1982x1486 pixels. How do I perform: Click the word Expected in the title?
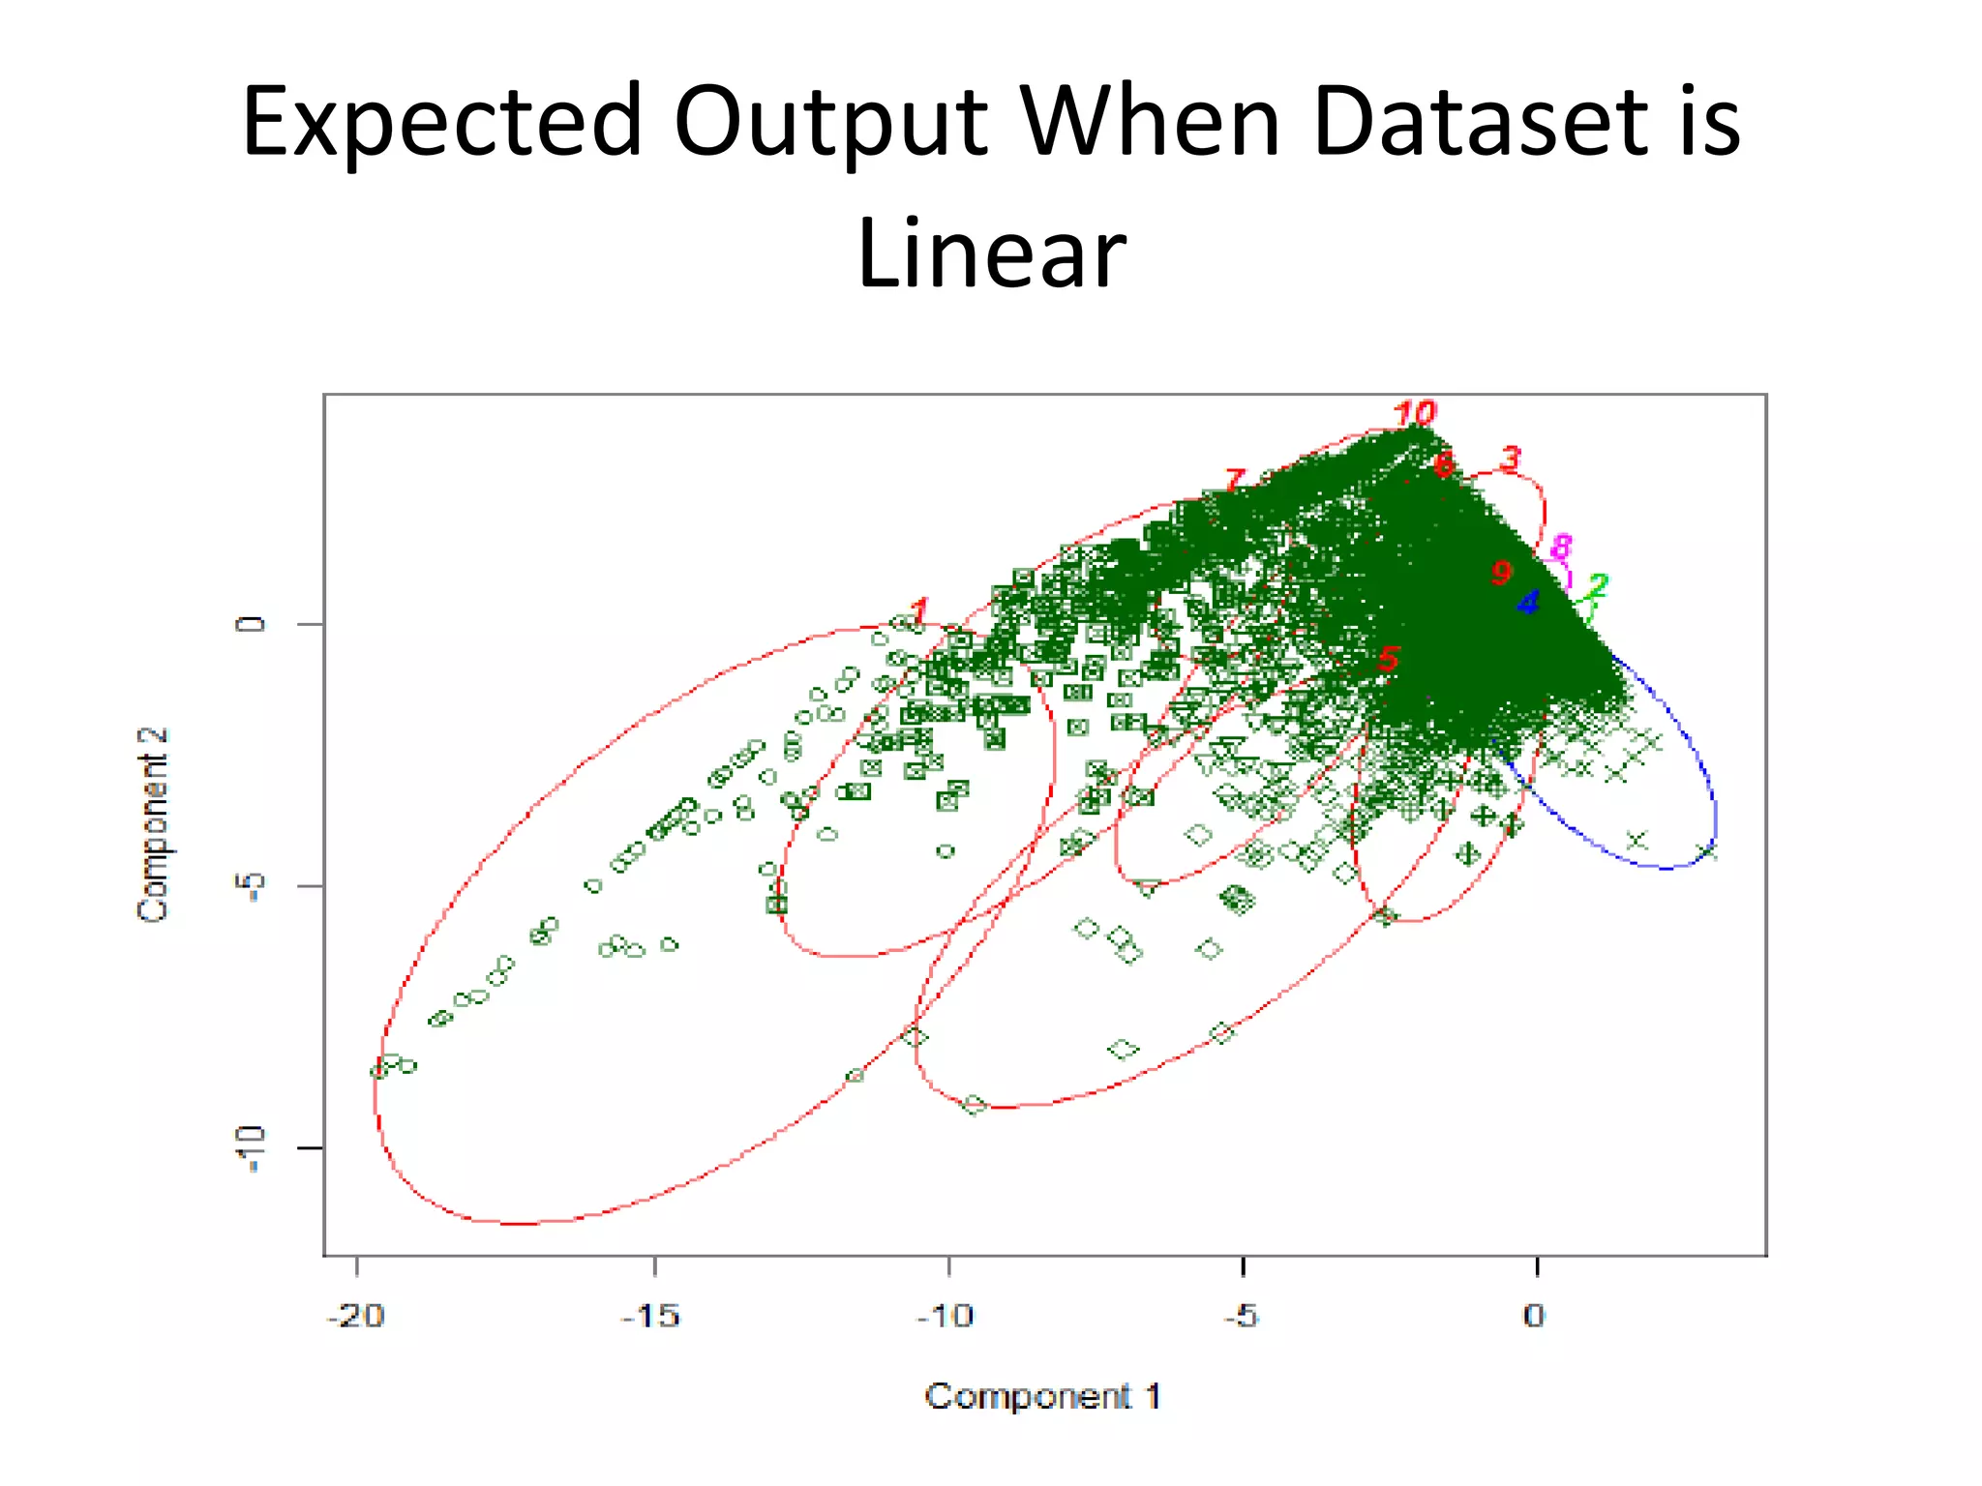tap(441, 122)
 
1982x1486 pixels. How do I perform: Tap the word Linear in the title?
tap(991, 253)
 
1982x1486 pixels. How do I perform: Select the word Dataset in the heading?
tap(1481, 122)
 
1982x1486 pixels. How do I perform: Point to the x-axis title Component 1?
tap(1042, 1396)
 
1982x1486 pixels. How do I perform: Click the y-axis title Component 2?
tap(154, 824)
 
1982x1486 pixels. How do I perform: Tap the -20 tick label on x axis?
tap(355, 1316)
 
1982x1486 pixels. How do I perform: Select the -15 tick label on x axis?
tap(651, 1316)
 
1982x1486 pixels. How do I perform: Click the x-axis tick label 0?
tap(1534, 1316)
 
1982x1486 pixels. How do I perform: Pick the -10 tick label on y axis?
tap(250, 1148)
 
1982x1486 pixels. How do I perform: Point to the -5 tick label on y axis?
tap(250, 885)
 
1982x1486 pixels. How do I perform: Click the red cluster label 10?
tap(1414, 413)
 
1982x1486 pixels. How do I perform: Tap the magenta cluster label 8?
tap(1560, 548)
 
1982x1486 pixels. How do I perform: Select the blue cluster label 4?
tap(1527, 603)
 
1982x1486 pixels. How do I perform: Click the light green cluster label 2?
tap(1596, 585)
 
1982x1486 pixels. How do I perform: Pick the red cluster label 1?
tap(918, 610)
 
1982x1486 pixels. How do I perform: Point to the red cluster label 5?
tap(1388, 660)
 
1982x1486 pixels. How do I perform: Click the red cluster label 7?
tap(1234, 480)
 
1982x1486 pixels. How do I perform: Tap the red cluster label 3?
tap(1510, 458)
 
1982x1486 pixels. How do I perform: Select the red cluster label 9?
tap(1501, 573)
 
